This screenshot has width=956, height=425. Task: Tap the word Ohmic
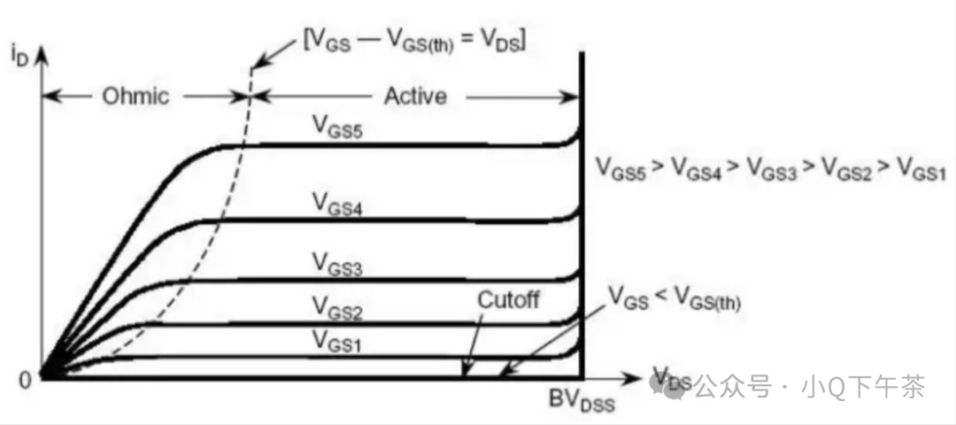click(x=134, y=96)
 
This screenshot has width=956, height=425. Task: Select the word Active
click(x=415, y=96)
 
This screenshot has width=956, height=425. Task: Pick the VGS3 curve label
click(x=335, y=262)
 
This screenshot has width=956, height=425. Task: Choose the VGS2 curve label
click(x=335, y=306)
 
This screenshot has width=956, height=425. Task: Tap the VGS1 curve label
click(x=335, y=338)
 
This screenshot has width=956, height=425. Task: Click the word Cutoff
click(x=508, y=299)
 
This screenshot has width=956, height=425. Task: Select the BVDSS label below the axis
click(x=582, y=405)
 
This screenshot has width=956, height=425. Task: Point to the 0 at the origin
click(x=25, y=378)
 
